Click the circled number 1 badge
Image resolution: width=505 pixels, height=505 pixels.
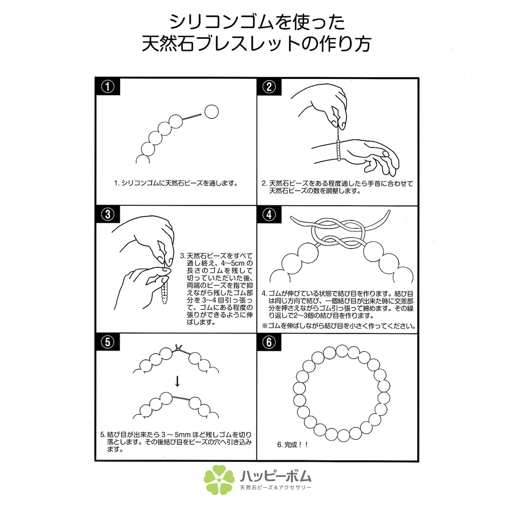tap(108, 87)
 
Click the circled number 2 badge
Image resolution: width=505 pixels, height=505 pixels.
tap(269, 87)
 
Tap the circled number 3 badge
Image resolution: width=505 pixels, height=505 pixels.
tap(108, 214)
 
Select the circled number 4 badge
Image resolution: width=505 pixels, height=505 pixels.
tap(269, 214)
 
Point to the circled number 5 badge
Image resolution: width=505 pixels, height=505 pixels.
tap(108, 342)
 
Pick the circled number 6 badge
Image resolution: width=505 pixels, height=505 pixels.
tap(269, 342)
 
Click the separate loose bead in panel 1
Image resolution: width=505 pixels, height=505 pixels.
tap(211, 112)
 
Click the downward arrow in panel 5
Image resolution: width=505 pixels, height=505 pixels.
tap(178, 381)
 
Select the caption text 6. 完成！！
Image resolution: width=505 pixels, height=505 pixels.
tap(293, 444)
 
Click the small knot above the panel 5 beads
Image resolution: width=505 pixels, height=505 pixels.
tap(179, 348)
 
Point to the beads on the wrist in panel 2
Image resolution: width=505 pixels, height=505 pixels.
tap(339, 150)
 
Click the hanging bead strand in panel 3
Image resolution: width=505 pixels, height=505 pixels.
tap(165, 293)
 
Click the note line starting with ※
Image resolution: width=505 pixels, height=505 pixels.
tap(339, 326)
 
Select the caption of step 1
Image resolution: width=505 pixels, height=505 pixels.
tap(176, 183)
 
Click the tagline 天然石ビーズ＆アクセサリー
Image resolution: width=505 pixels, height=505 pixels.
tap(276, 487)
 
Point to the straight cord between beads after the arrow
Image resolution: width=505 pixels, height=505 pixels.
tap(181, 398)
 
